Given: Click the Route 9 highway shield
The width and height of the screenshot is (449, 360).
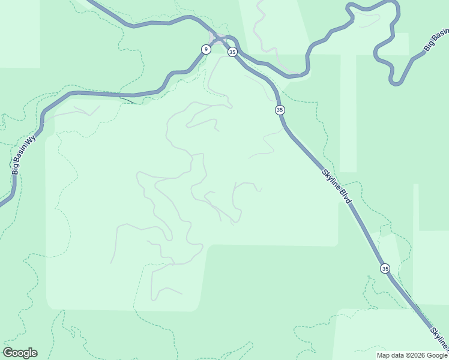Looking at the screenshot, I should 206,49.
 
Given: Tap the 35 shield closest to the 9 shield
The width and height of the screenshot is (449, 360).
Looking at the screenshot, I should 232,52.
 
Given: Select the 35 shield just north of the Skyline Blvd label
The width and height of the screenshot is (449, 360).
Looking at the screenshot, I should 280,110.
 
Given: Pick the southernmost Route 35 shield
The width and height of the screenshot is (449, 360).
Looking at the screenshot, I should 385,268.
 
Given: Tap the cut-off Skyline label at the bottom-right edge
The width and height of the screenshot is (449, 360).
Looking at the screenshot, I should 439,339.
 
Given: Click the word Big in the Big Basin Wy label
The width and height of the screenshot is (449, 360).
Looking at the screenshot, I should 16,169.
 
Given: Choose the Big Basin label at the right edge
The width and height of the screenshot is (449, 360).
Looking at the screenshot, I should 436,39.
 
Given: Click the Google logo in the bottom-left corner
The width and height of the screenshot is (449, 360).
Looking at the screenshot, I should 20,353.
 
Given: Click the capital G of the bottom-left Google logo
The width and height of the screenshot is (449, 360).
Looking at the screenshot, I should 7,352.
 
